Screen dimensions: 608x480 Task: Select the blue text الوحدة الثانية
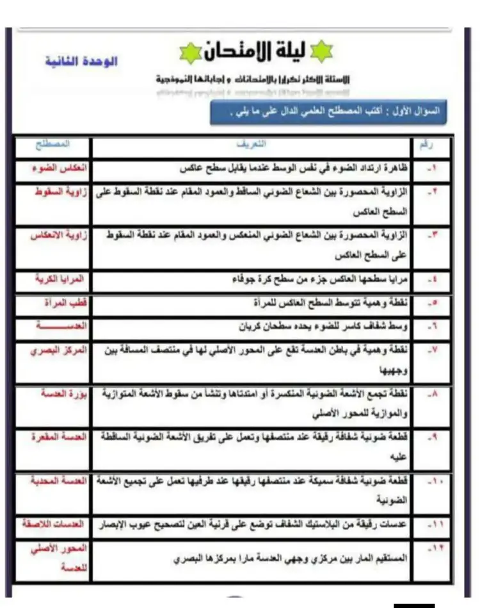(x=81, y=62)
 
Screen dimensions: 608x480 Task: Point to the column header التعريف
(x=256, y=145)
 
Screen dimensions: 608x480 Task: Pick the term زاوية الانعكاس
(x=58, y=235)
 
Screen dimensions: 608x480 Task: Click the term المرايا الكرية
(x=58, y=279)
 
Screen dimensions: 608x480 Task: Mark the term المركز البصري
(x=58, y=350)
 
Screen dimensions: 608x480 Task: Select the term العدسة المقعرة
(x=58, y=437)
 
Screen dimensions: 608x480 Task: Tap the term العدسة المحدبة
(x=58, y=481)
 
